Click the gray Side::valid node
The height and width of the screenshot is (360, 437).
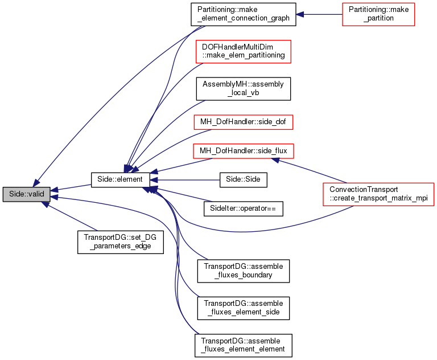(26, 194)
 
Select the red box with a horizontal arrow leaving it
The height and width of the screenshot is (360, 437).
(378, 14)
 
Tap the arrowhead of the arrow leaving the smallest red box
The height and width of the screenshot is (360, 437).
(300, 14)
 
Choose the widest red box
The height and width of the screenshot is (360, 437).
(378, 194)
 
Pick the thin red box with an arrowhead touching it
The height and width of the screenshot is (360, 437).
(243, 151)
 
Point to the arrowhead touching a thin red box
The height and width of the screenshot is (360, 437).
(275, 160)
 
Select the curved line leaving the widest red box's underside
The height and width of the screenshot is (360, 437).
(256, 231)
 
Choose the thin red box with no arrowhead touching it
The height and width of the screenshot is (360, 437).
(243, 122)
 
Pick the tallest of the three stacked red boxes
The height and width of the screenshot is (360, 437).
(243, 52)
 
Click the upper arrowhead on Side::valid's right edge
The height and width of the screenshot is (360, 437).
(54, 190)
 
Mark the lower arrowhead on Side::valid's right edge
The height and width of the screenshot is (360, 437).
(54, 198)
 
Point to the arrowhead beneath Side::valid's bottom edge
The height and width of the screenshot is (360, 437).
(45, 204)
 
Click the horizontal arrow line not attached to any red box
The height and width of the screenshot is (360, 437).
(188, 180)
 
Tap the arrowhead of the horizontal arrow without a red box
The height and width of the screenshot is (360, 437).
(154, 180)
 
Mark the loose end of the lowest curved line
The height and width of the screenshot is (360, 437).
(199, 334)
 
